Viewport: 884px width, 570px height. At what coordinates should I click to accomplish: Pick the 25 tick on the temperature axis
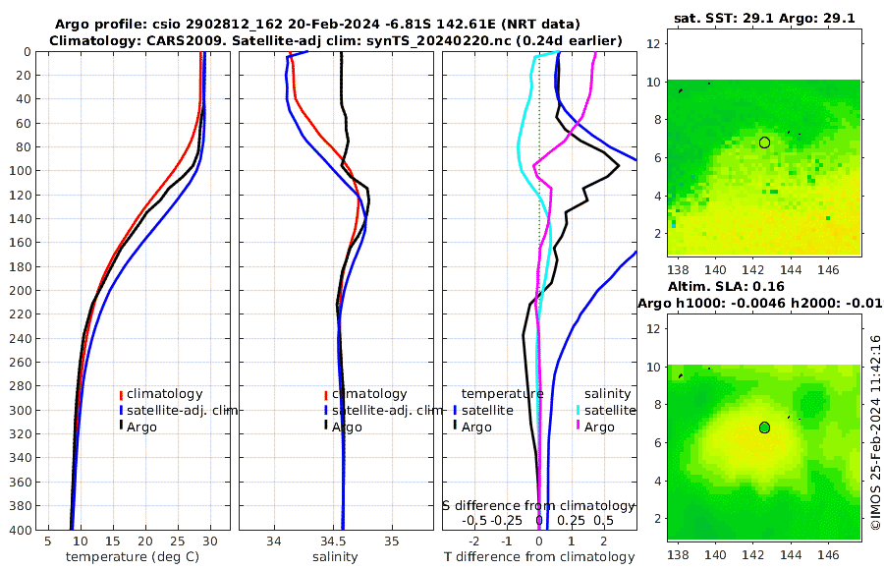coord(178,541)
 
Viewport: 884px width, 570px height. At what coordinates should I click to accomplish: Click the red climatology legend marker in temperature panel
coord(120,394)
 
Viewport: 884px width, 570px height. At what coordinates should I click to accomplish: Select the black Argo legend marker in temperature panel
coord(120,427)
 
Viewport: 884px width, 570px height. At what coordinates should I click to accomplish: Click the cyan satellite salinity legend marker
coord(579,410)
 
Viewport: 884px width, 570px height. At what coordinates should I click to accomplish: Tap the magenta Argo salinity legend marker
coord(579,427)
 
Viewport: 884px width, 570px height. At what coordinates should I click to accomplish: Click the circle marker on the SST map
coord(764,142)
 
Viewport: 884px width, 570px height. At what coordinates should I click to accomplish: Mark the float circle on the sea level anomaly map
coord(764,427)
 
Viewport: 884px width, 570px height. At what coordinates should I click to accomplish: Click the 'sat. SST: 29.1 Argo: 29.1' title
coord(763,18)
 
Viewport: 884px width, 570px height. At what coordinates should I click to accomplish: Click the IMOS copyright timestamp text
coord(875,432)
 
